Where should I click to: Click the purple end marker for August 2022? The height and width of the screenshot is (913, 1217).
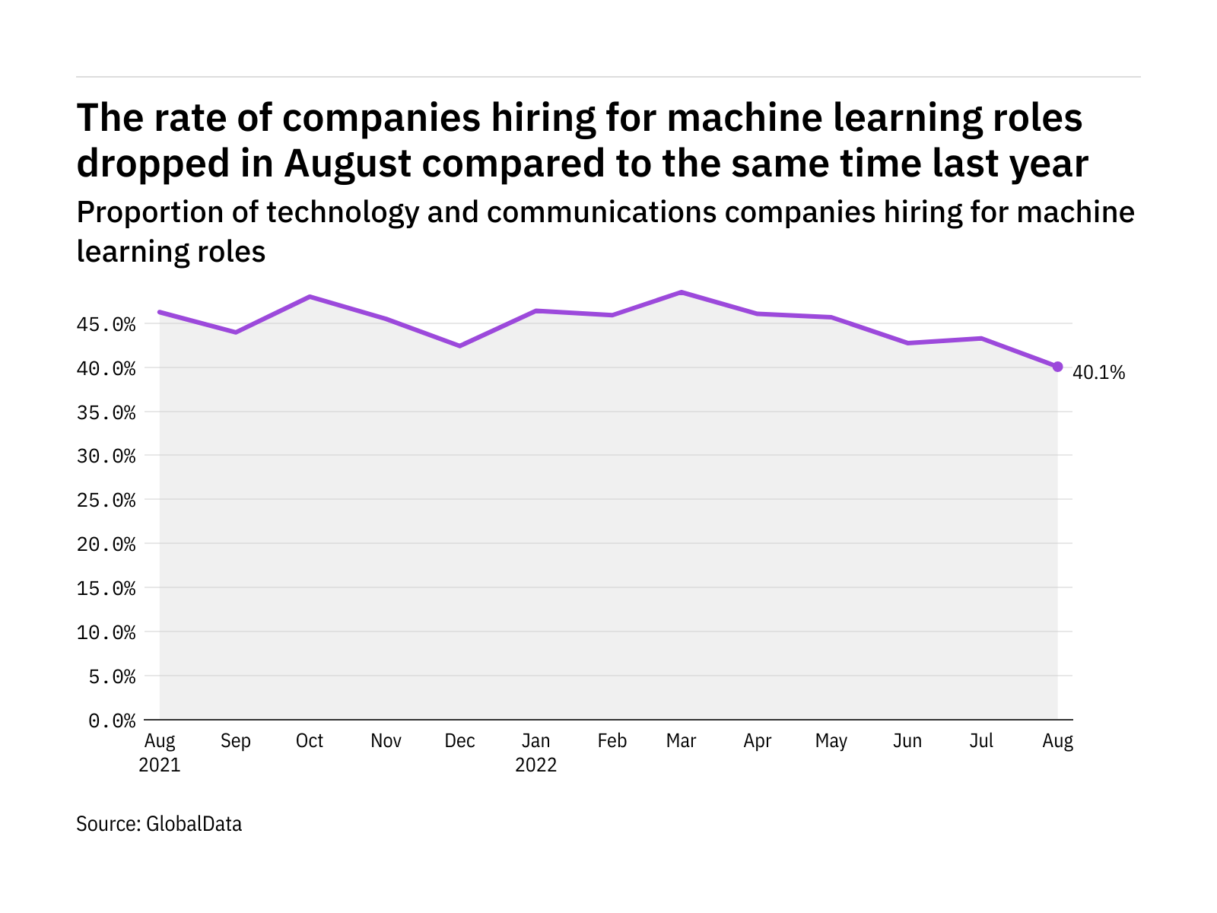click(1057, 367)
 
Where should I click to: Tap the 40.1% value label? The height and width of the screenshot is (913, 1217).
click(1098, 373)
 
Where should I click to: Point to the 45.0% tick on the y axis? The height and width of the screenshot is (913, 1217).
click(106, 325)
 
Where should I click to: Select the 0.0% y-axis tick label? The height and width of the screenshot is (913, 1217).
click(112, 721)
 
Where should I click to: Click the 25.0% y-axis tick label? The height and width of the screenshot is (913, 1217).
click(106, 501)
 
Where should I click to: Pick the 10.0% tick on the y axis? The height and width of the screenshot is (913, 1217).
click(106, 633)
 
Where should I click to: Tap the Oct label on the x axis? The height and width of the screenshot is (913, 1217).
click(310, 741)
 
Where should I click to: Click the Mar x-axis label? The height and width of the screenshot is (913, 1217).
click(681, 741)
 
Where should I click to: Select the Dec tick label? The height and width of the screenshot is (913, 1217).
click(459, 741)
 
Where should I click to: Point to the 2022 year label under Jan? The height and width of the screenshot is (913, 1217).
click(536, 765)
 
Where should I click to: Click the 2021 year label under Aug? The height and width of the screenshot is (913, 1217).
click(160, 765)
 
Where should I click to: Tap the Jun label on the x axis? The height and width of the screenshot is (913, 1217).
click(907, 741)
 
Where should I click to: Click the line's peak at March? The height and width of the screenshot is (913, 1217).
click(682, 292)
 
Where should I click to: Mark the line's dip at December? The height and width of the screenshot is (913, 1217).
click(459, 346)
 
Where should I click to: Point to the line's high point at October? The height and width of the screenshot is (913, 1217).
click(310, 297)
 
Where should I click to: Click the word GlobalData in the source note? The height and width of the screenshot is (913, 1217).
click(194, 824)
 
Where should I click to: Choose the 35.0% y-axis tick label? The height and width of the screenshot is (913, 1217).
click(106, 413)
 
